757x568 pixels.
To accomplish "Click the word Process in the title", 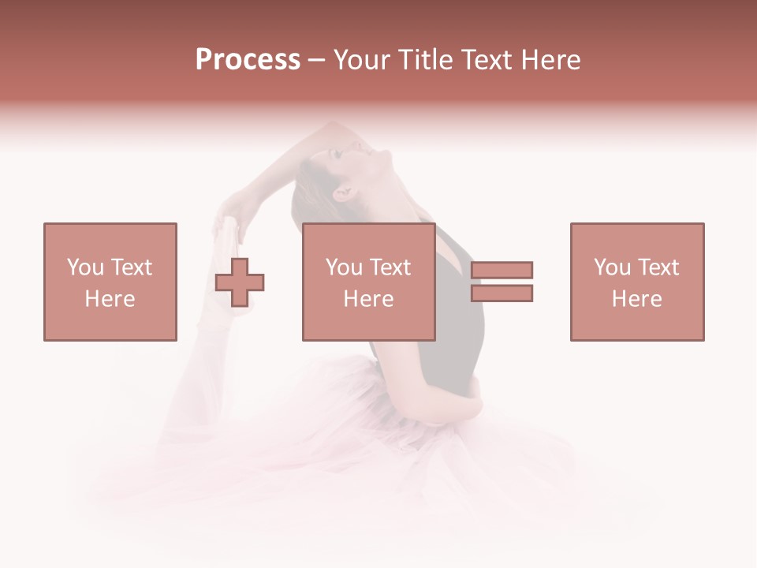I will (248, 60).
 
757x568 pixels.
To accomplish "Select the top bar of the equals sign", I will (502, 270).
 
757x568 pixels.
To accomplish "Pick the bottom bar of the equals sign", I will (502, 293).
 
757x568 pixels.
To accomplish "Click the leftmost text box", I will (110, 282).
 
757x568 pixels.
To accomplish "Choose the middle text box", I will (368, 282).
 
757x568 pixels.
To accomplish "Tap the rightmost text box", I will (636, 282).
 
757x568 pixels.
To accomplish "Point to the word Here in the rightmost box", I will (636, 299).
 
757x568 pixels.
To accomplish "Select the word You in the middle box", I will (344, 267).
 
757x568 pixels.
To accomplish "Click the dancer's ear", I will (343, 193).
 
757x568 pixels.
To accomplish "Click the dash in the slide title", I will (316, 60).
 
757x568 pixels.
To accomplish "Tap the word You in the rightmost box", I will (612, 267).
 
